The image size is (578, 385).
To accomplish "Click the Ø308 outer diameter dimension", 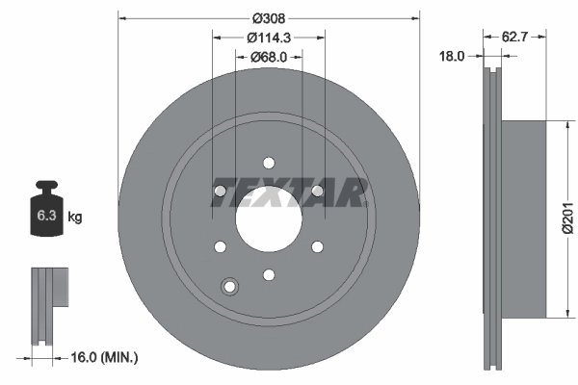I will (x=269, y=16).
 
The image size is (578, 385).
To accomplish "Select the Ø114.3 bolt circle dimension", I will (x=269, y=38).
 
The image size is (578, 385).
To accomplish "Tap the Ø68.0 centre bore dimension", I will (x=269, y=57).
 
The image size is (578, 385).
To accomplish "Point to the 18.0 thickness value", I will (x=451, y=57).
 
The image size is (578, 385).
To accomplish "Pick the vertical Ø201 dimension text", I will (x=568, y=218).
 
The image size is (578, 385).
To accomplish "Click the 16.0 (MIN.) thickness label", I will (x=106, y=357).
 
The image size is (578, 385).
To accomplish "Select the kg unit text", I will (x=75, y=218).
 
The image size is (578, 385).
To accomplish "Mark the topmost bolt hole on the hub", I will (x=269, y=165).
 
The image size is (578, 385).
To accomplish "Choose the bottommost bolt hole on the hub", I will (x=269, y=275).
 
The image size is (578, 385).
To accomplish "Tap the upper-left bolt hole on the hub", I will (x=221, y=192).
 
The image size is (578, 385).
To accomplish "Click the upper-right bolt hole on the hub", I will (x=317, y=192).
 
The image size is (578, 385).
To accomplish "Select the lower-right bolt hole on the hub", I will (x=317, y=247).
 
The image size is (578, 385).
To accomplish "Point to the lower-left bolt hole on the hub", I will (x=221, y=247).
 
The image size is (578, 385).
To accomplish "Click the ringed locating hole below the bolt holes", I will (x=229, y=286).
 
